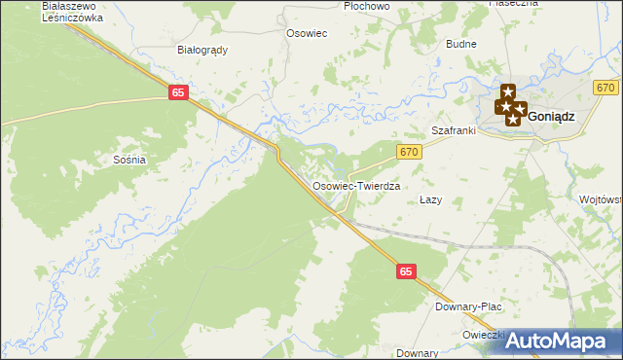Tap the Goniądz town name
pyautogui.click(x=552, y=115)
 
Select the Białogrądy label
pyautogui.click(x=202, y=51)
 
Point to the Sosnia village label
pyautogui.click(x=129, y=159)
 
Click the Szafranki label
pyautogui.click(x=452, y=130)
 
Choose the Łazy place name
pyautogui.click(x=430, y=199)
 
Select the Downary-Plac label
pyautogui.click(x=468, y=306)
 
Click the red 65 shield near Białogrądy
pyautogui.click(x=177, y=91)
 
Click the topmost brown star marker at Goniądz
pyautogui.click(x=507, y=91)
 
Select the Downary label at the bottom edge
pyautogui.click(x=418, y=353)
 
